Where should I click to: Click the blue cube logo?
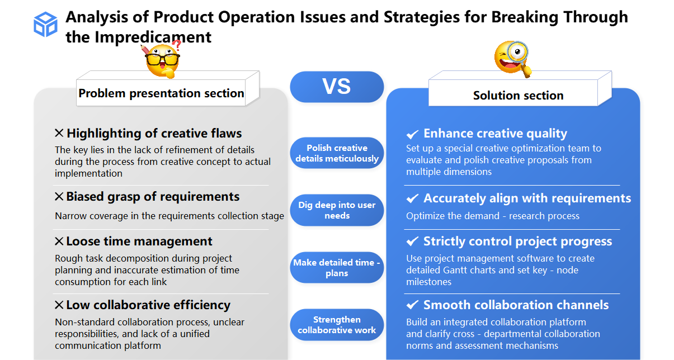coord(45,25)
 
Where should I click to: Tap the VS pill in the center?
coord(337,87)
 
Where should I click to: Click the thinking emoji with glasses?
coord(162,60)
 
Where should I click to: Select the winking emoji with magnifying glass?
coord(511,58)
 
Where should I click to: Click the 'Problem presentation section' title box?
coord(161,93)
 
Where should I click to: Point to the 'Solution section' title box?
coord(518,96)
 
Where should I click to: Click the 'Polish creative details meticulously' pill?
coord(337,153)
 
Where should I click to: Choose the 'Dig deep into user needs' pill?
coord(337,210)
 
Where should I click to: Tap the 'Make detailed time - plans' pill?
coord(337,268)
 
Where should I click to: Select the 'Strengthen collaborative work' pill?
coord(337,325)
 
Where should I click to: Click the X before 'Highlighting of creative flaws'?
coord(59,133)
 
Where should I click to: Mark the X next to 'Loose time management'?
coord(59,241)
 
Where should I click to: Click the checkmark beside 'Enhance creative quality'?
coord(412,134)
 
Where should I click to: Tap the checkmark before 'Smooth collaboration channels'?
coord(412,305)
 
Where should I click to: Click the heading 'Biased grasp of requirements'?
coord(153,197)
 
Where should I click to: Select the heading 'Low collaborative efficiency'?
coord(148,305)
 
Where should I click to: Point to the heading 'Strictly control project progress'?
coord(517,241)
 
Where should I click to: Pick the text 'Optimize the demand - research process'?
coord(493,216)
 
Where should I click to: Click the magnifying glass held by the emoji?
coord(520,54)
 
